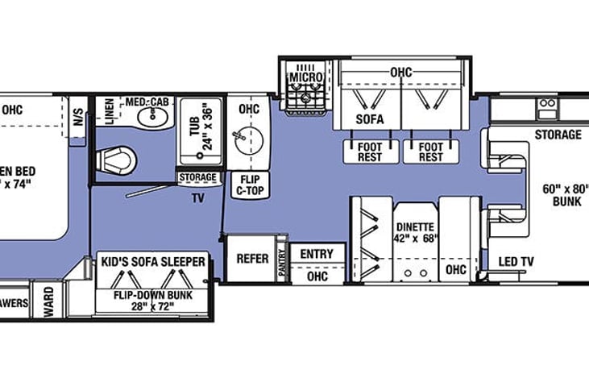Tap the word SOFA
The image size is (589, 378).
pos(369,119)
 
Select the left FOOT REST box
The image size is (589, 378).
pos(371,152)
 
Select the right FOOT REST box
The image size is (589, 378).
pos(430,152)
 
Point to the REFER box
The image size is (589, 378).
pos(251,259)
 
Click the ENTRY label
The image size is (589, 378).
pos(316,254)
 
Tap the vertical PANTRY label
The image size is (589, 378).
pos(282,263)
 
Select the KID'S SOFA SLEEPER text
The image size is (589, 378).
pos(153,261)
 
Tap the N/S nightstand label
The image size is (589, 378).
pos(78,113)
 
